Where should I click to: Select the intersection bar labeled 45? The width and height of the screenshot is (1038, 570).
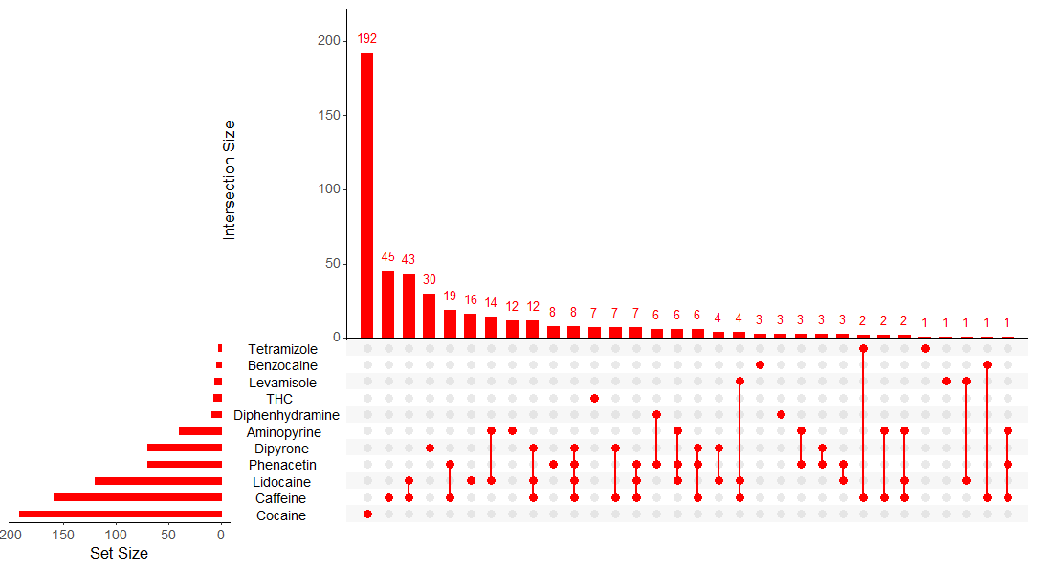point(388,304)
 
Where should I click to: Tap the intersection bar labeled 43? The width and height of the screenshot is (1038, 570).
point(409,305)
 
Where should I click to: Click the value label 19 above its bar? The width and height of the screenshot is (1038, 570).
point(450,296)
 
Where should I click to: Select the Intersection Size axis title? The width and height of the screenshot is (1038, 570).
point(229,180)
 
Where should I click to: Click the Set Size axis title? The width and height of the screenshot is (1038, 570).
point(119,553)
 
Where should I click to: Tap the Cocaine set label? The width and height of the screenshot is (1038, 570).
point(281,515)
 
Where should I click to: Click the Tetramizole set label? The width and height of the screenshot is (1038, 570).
point(282,349)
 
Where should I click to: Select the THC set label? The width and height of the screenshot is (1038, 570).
point(279,399)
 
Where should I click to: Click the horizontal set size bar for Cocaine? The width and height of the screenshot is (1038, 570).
point(121,515)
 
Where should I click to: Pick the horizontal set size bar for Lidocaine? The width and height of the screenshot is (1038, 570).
point(158,481)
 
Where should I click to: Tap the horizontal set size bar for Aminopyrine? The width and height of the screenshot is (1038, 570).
point(200,431)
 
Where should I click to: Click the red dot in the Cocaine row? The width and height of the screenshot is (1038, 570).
point(367,515)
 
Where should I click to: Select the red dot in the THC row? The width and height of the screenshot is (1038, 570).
point(595,398)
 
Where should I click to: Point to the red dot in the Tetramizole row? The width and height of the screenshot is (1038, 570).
point(925,348)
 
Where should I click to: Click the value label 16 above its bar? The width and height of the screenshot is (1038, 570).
point(471,300)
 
